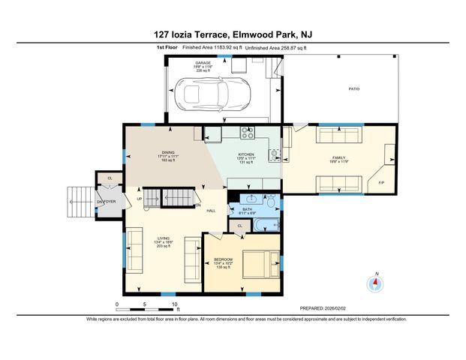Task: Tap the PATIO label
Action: pos(353,89)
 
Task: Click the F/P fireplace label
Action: pos(381,182)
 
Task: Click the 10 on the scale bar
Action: pos(174,304)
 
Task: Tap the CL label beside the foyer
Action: pos(110,179)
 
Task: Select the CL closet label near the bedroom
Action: pos(240,225)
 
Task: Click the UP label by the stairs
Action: pos(140,198)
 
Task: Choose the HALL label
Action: pos(212,211)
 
